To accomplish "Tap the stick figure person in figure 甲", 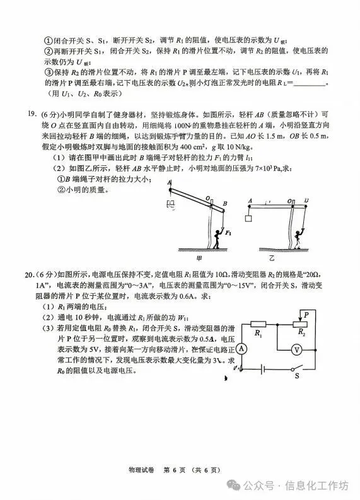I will tap(217, 235).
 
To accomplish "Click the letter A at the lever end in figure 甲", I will tap(169, 182).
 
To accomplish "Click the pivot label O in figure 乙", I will tap(292, 201).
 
